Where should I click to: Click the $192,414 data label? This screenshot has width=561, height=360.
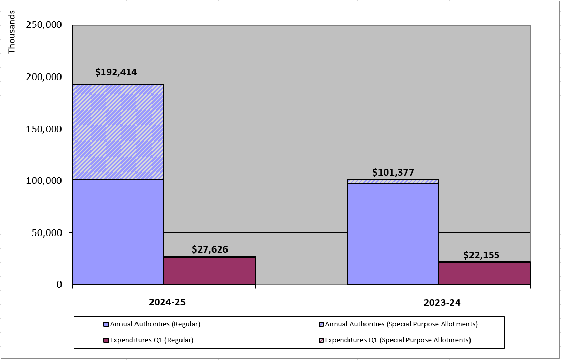(x=116, y=72)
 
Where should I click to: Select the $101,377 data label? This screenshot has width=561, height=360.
(x=393, y=173)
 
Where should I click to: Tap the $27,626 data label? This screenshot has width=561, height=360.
(x=209, y=249)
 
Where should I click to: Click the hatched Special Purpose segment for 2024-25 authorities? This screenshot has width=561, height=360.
(x=118, y=132)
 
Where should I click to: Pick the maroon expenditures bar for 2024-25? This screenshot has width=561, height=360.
(x=210, y=271)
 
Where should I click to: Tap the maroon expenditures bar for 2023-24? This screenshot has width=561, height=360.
(x=484, y=273)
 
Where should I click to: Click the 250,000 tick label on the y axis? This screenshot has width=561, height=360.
(x=43, y=25)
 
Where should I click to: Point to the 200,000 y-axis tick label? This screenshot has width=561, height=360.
(x=43, y=77)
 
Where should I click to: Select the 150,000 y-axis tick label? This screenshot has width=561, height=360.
(x=43, y=129)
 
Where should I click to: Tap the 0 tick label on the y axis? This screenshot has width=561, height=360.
(x=59, y=285)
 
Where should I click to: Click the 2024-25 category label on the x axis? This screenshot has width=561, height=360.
(x=164, y=303)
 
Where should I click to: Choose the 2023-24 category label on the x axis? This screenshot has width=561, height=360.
(x=439, y=303)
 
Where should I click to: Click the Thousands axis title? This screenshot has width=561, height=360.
(x=12, y=32)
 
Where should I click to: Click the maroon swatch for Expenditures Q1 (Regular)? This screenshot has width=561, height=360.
(x=107, y=340)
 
